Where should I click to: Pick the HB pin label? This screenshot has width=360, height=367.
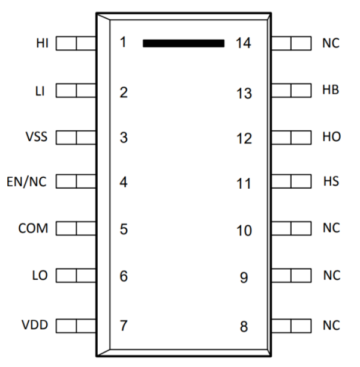pyautogui.click(x=331, y=90)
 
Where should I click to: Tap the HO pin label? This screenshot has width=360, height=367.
pyautogui.click(x=331, y=136)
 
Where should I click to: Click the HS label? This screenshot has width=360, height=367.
pyautogui.click(x=331, y=183)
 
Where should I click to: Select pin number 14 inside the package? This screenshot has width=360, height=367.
pyautogui.click(x=243, y=43)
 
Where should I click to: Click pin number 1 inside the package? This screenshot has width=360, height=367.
pyautogui.click(x=123, y=43)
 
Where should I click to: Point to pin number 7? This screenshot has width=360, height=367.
pyautogui.click(x=124, y=326)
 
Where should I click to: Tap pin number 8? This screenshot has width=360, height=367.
pyautogui.click(x=244, y=327)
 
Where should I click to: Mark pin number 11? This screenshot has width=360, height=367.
pyautogui.click(x=243, y=184)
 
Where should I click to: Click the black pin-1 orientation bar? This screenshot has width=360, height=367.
pyautogui.click(x=183, y=43)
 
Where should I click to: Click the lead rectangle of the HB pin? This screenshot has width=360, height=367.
pyautogui.click(x=291, y=90)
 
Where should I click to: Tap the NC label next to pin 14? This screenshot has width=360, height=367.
pyautogui.click(x=331, y=43)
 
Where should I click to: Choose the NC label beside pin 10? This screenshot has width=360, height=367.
pyautogui.click(x=331, y=229)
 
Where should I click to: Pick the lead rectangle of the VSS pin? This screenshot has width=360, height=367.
pyautogui.click(x=76, y=136)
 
